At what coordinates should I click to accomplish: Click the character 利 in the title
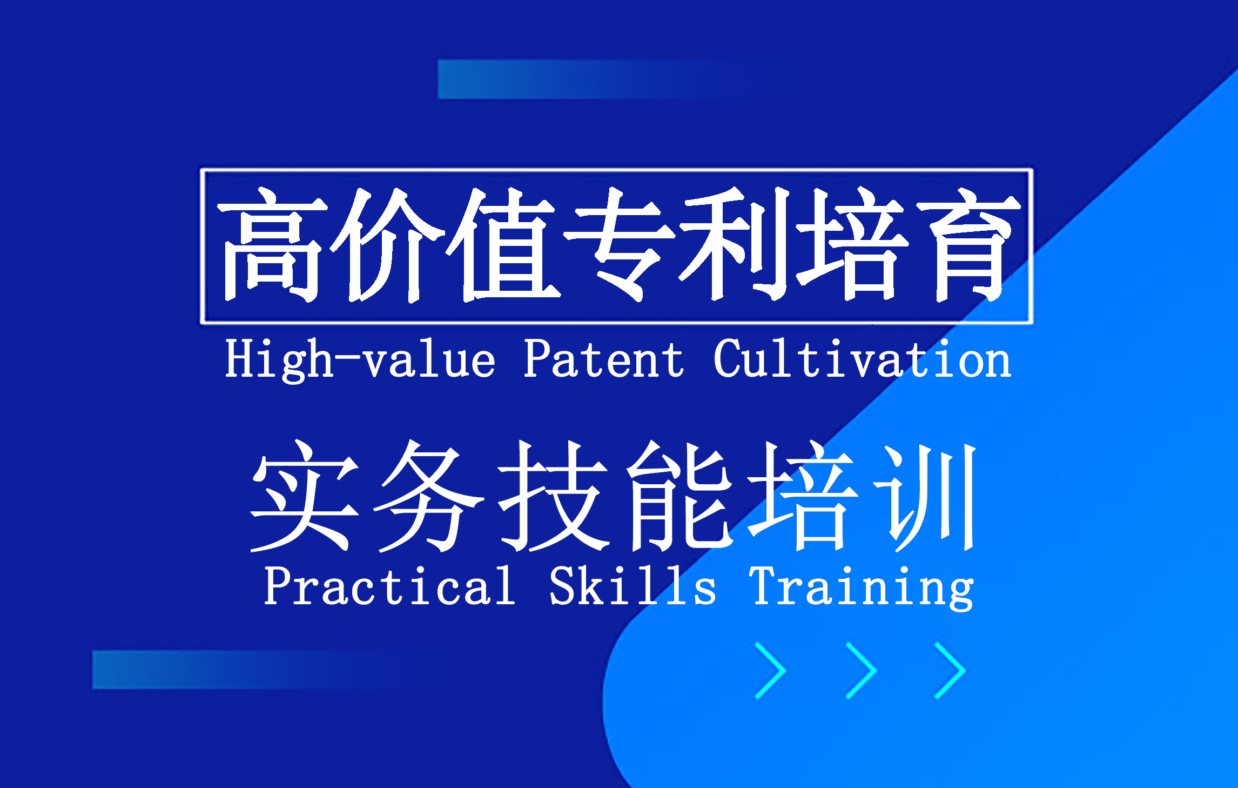tap(735, 244)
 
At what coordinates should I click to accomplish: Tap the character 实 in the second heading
tap(305, 496)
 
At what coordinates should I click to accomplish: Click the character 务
tap(429, 496)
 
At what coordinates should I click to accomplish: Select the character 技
tap(554, 496)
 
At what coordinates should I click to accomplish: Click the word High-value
tap(360, 360)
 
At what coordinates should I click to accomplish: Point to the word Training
tap(863, 588)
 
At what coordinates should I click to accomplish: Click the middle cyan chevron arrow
tap(861, 670)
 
